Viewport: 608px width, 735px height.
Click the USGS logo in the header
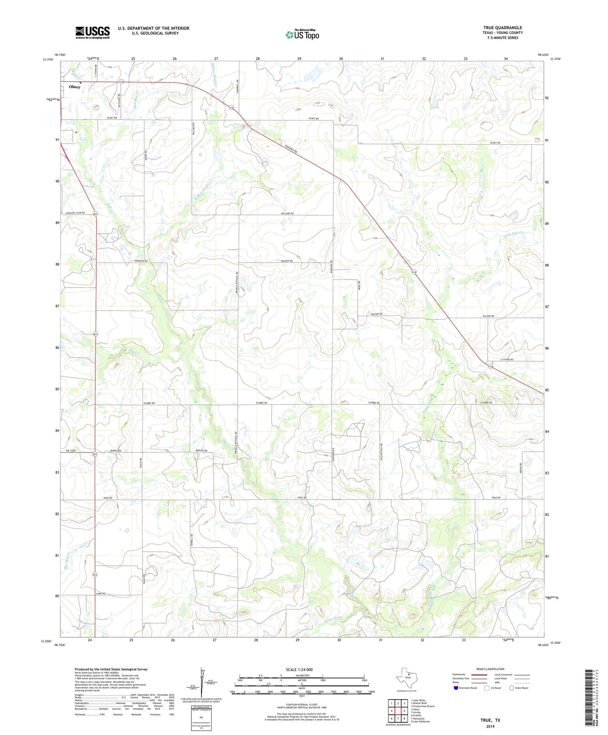(93, 32)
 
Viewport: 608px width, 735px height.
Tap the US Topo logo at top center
(302, 35)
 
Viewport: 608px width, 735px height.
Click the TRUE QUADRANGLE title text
(502, 28)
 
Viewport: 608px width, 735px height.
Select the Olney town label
(74, 87)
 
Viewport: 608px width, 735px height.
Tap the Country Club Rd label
(75, 213)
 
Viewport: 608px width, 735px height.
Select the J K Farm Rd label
(506, 360)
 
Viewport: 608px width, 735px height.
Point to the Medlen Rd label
(202, 451)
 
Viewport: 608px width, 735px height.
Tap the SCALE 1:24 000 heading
(299, 669)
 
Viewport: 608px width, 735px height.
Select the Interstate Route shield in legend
(456, 688)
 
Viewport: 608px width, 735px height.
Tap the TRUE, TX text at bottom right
(490, 720)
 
